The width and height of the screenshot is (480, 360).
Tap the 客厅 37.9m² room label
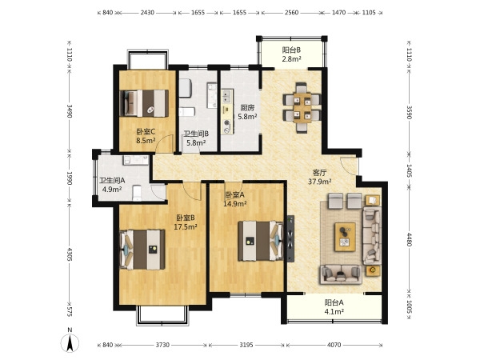pyautogui.click(x=319, y=177)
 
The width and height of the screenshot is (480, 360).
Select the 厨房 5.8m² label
pyautogui.click(x=247, y=112)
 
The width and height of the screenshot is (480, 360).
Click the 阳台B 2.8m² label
pyautogui.click(x=291, y=54)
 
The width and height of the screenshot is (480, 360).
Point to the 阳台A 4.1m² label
pyautogui.click(x=334, y=307)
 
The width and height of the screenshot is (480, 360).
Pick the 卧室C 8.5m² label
pyautogui.click(x=146, y=136)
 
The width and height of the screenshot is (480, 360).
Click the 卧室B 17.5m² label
pyautogui.click(x=186, y=222)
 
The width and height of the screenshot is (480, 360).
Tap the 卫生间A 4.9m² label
pyautogui.click(x=112, y=185)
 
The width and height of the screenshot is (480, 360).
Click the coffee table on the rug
pyautogui.click(x=345, y=238)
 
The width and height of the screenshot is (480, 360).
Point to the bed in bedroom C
pyautogui.click(x=144, y=103)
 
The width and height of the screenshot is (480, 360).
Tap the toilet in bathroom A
pyautogui.click(x=137, y=193)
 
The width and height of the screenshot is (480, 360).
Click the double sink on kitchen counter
pyautogui.click(x=227, y=97)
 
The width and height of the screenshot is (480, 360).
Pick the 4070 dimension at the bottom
pyautogui.click(x=334, y=345)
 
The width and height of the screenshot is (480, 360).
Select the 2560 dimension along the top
pyautogui.click(x=291, y=13)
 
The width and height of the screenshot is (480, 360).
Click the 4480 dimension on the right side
pyautogui.click(x=410, y=239)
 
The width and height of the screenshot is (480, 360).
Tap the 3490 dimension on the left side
pyautogui.click(x=70, y=111)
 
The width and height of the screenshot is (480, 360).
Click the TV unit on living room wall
pyautogui.click(x=290, y=238)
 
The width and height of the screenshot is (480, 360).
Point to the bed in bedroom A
pyautogui.click(x=261, y=241)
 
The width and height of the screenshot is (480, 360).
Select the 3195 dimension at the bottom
pyautogui.click(x=246, y=345)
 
